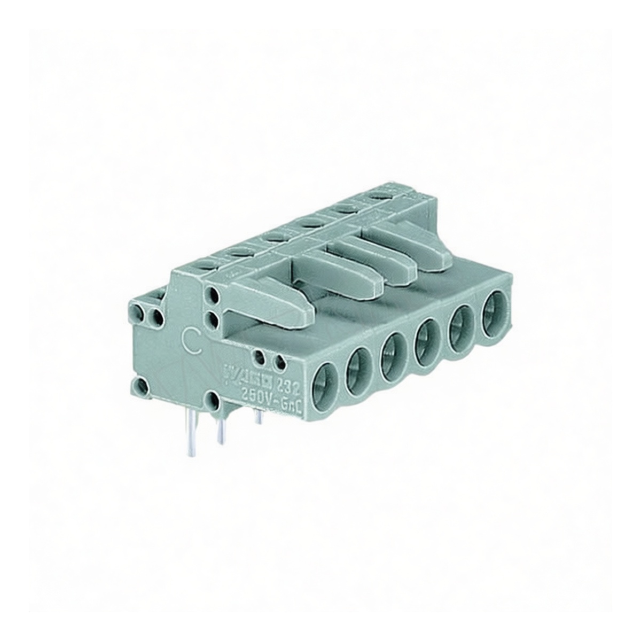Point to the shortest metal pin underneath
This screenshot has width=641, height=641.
coord(259,417)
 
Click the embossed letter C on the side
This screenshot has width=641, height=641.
coord(191,339)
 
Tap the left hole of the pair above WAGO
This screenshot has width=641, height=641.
coord(260,358)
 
